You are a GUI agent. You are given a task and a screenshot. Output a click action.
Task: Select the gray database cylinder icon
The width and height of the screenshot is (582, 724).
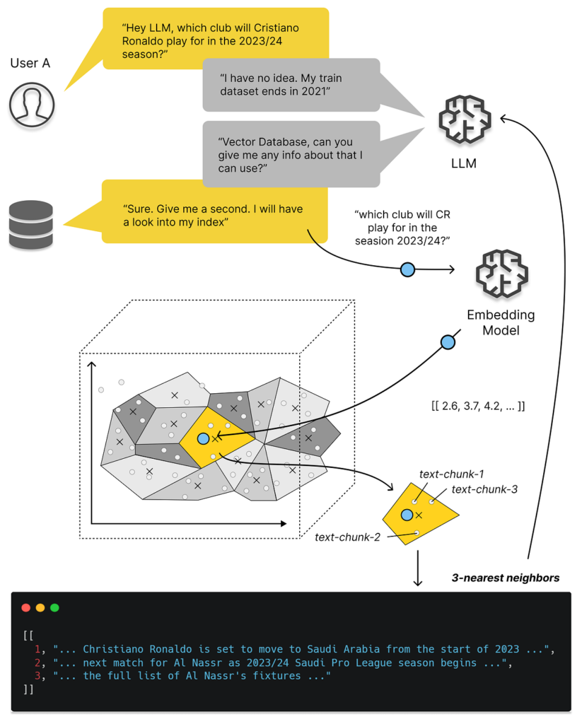pyautogui.click(x=30, y=224)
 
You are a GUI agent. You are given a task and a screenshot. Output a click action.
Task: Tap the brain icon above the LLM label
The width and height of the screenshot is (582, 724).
pyautogui.click(x=463, y=121)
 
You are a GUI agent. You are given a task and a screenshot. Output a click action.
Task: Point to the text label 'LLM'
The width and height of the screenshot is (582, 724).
pyautogui.click(x=463, y=164)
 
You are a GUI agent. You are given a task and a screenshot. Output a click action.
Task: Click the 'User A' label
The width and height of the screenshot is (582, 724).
pyautogui.click(x=30, y=64)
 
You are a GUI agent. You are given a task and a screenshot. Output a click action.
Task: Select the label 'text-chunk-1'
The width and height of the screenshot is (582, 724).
pyautogui.click(x=451, y=474)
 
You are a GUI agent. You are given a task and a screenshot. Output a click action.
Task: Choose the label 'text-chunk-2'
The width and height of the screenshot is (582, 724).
pyautogui.click(x=347, y=537)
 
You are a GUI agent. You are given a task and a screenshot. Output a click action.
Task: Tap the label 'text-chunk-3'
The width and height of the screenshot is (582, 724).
pyautogui.click(x=484, y=489)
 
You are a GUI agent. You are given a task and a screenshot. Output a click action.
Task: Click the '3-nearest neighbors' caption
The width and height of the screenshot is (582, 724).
pyautogui.click(x=506, y=578)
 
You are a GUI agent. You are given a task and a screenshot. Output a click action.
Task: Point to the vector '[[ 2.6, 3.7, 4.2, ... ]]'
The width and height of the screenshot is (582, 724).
pyautogui.click(x=477, y=407)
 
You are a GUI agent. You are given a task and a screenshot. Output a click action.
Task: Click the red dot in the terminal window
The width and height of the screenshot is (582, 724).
pyautogui.click(x=26, y=607)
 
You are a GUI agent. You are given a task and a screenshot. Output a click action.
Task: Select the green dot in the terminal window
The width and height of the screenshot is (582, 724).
pyautogui.click(x=54, y=607)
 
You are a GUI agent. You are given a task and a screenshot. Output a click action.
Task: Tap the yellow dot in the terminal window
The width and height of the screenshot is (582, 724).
pyautogui.click(x=40, y=607)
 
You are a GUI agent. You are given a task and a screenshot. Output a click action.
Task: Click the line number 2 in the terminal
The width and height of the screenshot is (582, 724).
pyautogui.click(x=38, y=662)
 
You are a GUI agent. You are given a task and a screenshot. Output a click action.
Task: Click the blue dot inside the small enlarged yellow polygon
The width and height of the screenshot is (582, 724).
pyautogui.click(x=407, y=515)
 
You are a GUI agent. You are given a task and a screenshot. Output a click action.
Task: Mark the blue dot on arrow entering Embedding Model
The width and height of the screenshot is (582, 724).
pyautogui.click(x=407, y=269)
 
